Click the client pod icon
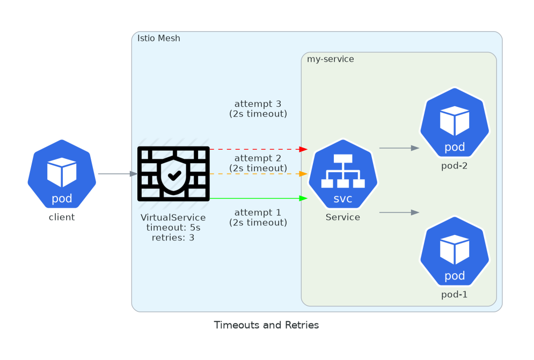click(62, 174)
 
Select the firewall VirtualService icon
click(173, 174)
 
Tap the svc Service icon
click(343, 174)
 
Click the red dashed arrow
click(258, 149)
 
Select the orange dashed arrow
click(258, 174)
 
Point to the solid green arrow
click(258, 199)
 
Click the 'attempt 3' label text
click(258, 104)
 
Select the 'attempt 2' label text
click(258, 158)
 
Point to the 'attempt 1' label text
click(258, 212)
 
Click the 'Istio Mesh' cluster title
click(159, 38)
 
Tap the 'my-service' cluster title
click(331, 59)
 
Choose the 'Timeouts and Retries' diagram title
click(266, 325)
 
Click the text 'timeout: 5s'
click(173, 227)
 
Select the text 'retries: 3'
click(173, 237)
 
